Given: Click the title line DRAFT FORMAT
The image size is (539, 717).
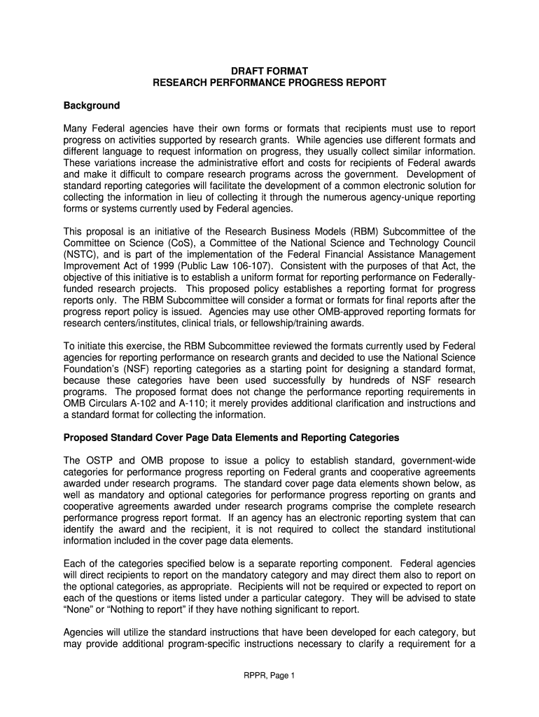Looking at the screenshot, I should [269, 71].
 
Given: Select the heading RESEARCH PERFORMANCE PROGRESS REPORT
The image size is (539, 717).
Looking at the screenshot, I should [269, 83].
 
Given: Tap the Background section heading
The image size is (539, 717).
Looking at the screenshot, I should [92, 106].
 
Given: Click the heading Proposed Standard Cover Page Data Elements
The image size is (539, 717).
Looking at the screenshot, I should [231, 438].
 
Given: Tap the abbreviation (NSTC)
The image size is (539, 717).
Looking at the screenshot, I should [82, 254].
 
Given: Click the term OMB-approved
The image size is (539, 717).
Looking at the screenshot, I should [353, 311].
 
